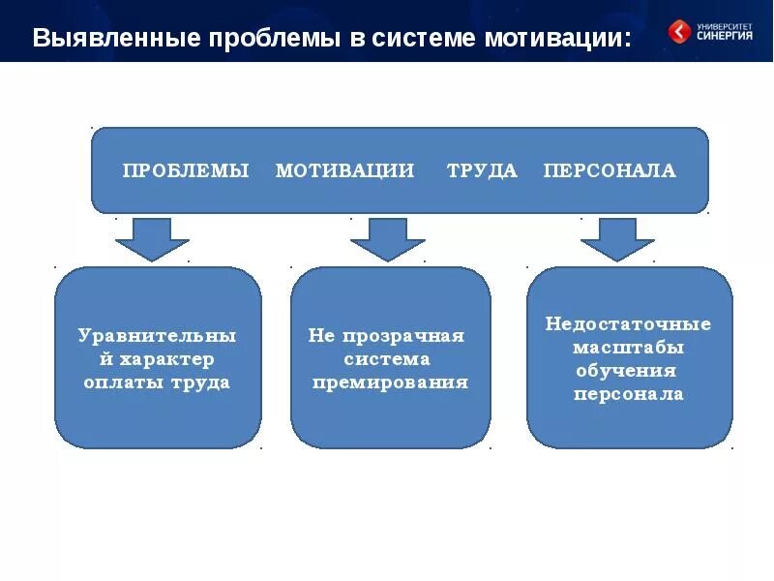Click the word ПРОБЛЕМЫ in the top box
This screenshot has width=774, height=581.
[186, 171]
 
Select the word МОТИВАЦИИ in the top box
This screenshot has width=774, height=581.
[344, 171]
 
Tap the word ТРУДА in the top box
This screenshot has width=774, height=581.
[482, 171]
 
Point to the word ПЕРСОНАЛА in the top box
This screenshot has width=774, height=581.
[610, 171]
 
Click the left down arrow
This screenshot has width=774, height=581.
[152, 238]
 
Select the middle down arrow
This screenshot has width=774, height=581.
[387, 238]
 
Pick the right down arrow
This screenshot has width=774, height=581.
[617, 238]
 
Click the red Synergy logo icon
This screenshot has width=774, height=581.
[680, 32]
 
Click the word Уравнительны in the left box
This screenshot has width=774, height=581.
[158, 336]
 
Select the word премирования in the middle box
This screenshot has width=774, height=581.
[391, 382]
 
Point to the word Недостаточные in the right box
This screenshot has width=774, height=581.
[629, 324]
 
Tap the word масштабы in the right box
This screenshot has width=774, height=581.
[629, 348]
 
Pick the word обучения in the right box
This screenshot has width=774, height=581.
[629, 371]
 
